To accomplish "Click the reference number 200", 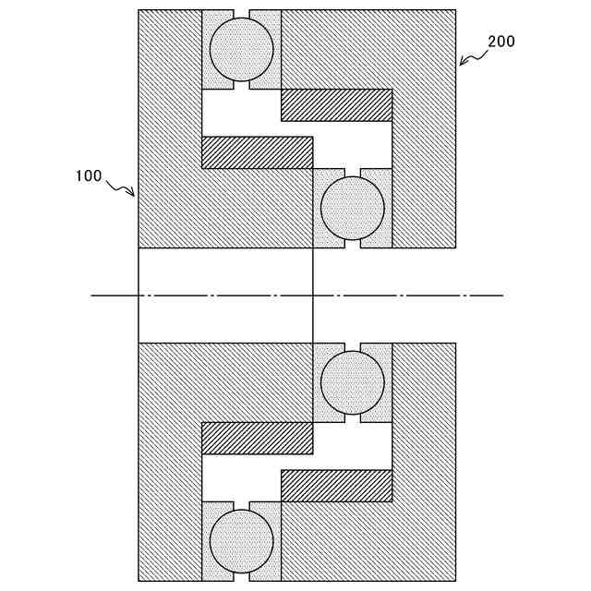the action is tap(501, 42).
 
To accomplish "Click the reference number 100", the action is tap(89, 175).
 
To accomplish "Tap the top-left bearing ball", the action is tap(241, 50).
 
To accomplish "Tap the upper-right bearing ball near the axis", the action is tap(352, 208).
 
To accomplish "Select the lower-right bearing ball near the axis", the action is tap(352, 382).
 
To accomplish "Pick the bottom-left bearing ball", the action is tap(241, 540).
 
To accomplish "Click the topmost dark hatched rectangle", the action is tap(336, 104).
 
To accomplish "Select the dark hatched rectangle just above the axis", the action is tap(257, 152).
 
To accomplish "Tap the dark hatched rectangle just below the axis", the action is tap(257, 438).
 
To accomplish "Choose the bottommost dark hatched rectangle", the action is tap(336, 486).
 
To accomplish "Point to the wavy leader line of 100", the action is tap(120, 187).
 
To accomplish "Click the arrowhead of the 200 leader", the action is tap(460, 65).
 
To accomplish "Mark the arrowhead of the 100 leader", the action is tap(134, 196).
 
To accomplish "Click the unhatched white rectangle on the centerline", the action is tap(225, 295).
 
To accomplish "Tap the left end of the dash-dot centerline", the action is tap(92, 295).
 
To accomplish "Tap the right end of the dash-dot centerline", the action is tap(502, 295).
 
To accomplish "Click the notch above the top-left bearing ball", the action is tap(241, 14).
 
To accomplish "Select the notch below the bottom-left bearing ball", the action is tap(241, 576).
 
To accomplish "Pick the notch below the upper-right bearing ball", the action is tap(352, 243).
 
